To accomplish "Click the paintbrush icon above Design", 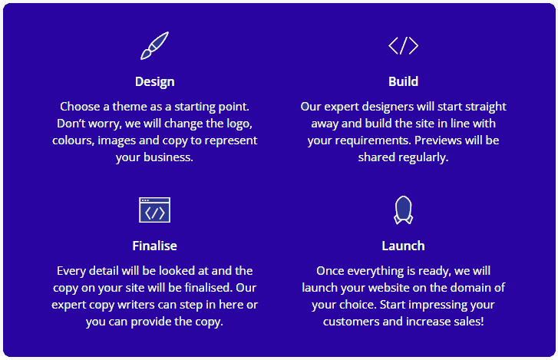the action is pos(154,45).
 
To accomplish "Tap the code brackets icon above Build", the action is pos(403,45).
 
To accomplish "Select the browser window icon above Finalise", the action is pos(154,210).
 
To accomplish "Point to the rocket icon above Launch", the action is pos(403,210).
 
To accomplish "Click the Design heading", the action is pos(155,82).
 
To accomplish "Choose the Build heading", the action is pos(403,81).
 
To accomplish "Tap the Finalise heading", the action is pos(154,246).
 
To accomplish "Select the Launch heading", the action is pos(403,246).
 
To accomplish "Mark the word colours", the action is pos(74,140).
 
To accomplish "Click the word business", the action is pos(168,157).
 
